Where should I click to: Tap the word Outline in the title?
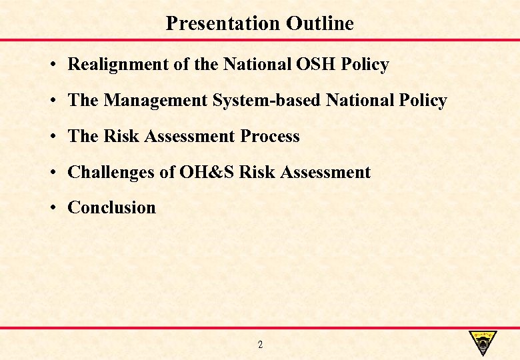pos(320,23)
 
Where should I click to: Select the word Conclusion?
pos(111,208)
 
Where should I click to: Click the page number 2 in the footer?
pos(260,345)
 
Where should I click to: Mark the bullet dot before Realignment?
pos(51,65)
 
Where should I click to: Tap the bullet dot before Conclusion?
pos(51,209)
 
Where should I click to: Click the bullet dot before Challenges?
pos(51,173)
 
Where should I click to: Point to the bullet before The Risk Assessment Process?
pos(51,137)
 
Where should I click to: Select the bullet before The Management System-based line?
pos(51,101)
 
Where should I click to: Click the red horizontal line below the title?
pos(260,40)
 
